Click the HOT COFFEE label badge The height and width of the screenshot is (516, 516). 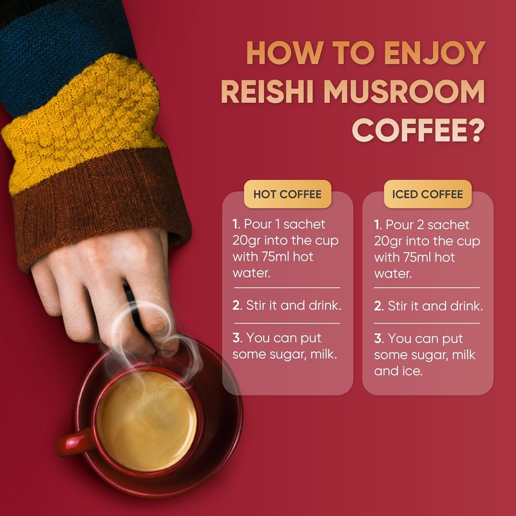coord(288,194)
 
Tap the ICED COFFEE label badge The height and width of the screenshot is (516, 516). coord(427,194)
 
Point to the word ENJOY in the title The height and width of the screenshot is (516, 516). coord(435,52)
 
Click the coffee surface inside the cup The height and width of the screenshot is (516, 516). coord(147,421)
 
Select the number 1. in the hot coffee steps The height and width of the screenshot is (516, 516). coord(236,224)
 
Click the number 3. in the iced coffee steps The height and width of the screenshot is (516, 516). coord(378,339)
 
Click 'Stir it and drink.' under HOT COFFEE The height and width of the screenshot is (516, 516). coord(294,305)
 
